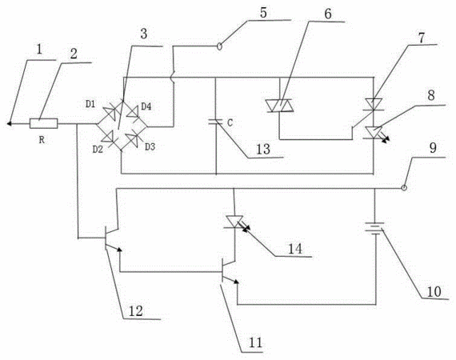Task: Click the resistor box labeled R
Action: (44, 123)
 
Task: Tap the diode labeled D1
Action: (110, 112)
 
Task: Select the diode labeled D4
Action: (133, 112)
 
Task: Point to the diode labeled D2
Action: (108, 136)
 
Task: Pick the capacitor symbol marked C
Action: (216, 122)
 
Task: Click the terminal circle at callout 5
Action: (220, 46)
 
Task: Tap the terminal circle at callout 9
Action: (404, 188)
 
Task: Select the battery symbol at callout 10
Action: (374, 228)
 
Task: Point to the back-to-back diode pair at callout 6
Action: (280, 106)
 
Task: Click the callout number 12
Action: (135, 311)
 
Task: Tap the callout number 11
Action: (256, 342)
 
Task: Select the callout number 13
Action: (263, 149)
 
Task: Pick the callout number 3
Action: (144, 34)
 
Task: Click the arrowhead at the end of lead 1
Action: (9, 124)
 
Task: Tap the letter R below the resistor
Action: (42, 140)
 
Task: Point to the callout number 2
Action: (74, 54)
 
